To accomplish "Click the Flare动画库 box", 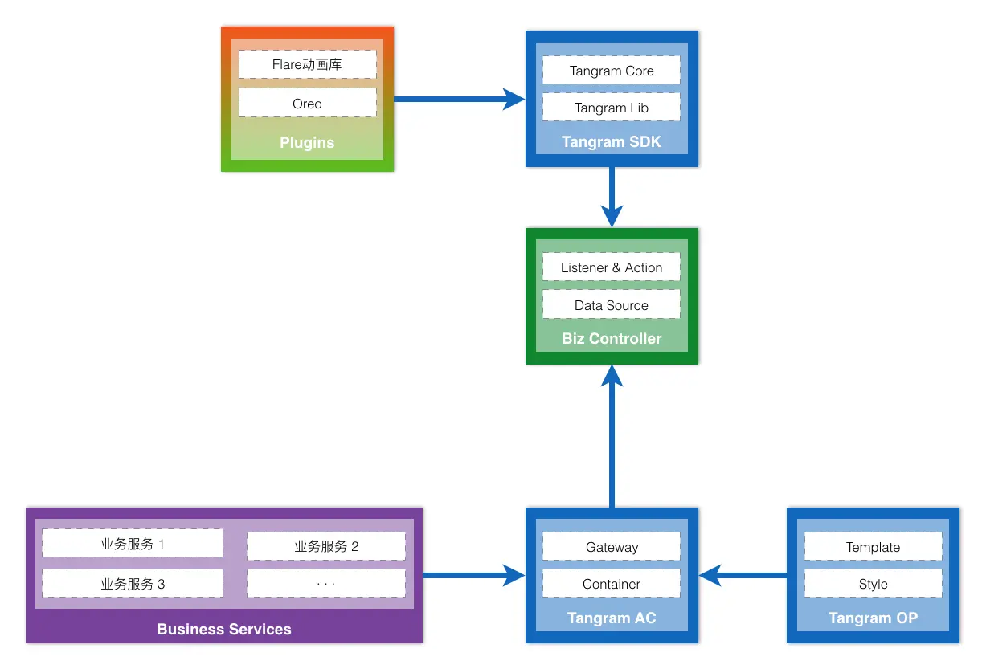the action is tap(307, 64).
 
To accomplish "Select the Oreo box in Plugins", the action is tap(307, 103).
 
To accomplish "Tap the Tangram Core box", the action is tap(611, 70).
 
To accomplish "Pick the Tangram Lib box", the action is tap(611, 107).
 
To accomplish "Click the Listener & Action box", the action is tap(611, 267).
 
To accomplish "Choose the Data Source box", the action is tap(611, 304).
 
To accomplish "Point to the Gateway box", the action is tap(611, 546).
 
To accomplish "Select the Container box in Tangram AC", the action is tap(611, 583).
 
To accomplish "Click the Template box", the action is tap(873, 546).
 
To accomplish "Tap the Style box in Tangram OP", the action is tap(873, 583).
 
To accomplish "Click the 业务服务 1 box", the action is tap(133, 543).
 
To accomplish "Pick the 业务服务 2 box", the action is tap(326, 546).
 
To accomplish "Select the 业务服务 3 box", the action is tap(133, 583).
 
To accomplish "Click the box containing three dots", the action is tap(326, 583).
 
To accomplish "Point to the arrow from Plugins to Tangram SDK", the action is tap(460, 99).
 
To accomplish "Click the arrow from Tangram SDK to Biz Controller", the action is tap(612, 197).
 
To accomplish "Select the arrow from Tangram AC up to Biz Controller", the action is tap(612, 436).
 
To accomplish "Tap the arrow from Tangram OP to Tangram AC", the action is tap(743, 575).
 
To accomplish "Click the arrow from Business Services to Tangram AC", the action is tap(474, 575).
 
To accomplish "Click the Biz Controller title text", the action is tap(611, 338).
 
